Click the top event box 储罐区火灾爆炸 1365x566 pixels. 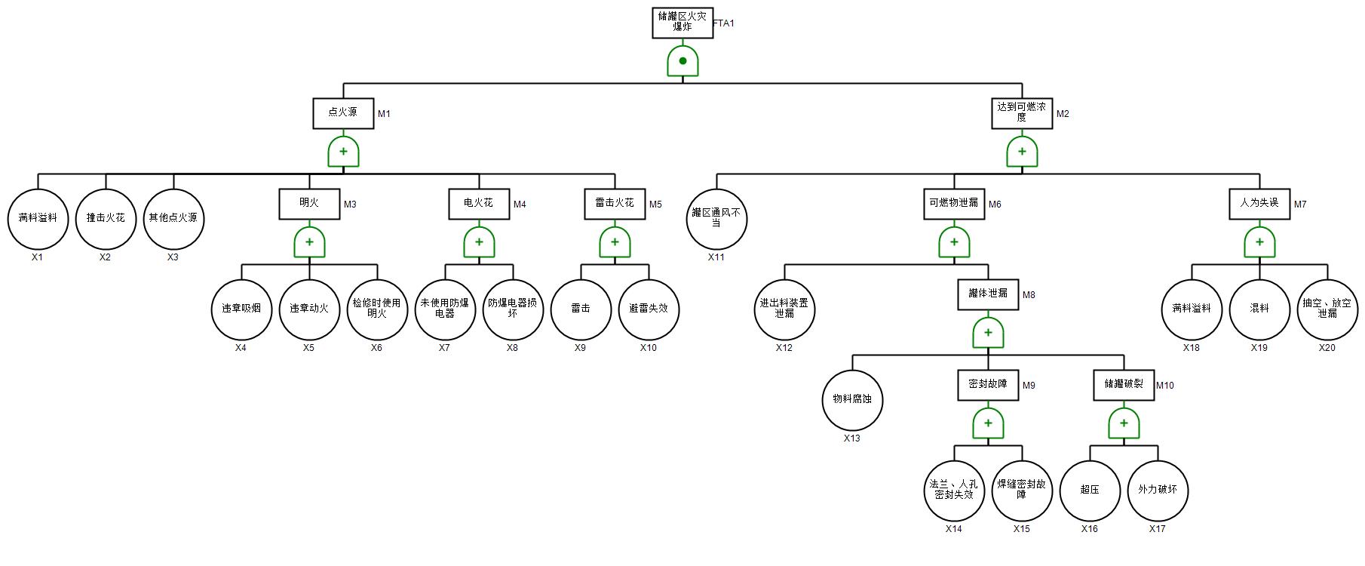pyautogui.click(x=682, y=23)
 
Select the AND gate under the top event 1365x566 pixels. pyautogui.click(x=682, y=61)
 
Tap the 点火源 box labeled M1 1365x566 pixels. pyautogui.click(x=343, y=113)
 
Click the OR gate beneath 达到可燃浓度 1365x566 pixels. pyautogui.click(x=1022, y=152)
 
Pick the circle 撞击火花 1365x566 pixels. pyautogui.click(x=106, y=218)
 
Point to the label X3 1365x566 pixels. pyautogui.click(x=173, y=257)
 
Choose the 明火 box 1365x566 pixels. pyautogui.click(x=309, y=204)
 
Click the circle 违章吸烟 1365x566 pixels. pyautogui.click(x=241, y=309)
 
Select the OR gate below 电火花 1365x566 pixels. pyautogui.click(x=479, y=242)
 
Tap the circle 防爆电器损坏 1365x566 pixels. pyautogui.click(x=513, y=309)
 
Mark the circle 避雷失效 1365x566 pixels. pyautogui.click(x=649, y=309)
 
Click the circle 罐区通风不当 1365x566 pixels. pyautogui.click(x=716, y=218)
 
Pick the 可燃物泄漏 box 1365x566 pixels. pyautogui.click(x=954, y=204)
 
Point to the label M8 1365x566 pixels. pyautogui.click(x=1029, y=295)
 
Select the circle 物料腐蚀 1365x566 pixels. pyautogui.click(x=852, y=399)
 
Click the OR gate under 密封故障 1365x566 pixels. pyautogui.click(x=988, y=423)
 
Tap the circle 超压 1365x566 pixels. pyautogui.click(x=1090, y=490)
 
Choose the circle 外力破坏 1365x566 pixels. pyautogui.click(x=1158, y=490)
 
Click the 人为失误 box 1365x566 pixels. pyautogui.click(x=1259, y=204)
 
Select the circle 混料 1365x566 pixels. pyautogui.click(x=1259, y=309)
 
